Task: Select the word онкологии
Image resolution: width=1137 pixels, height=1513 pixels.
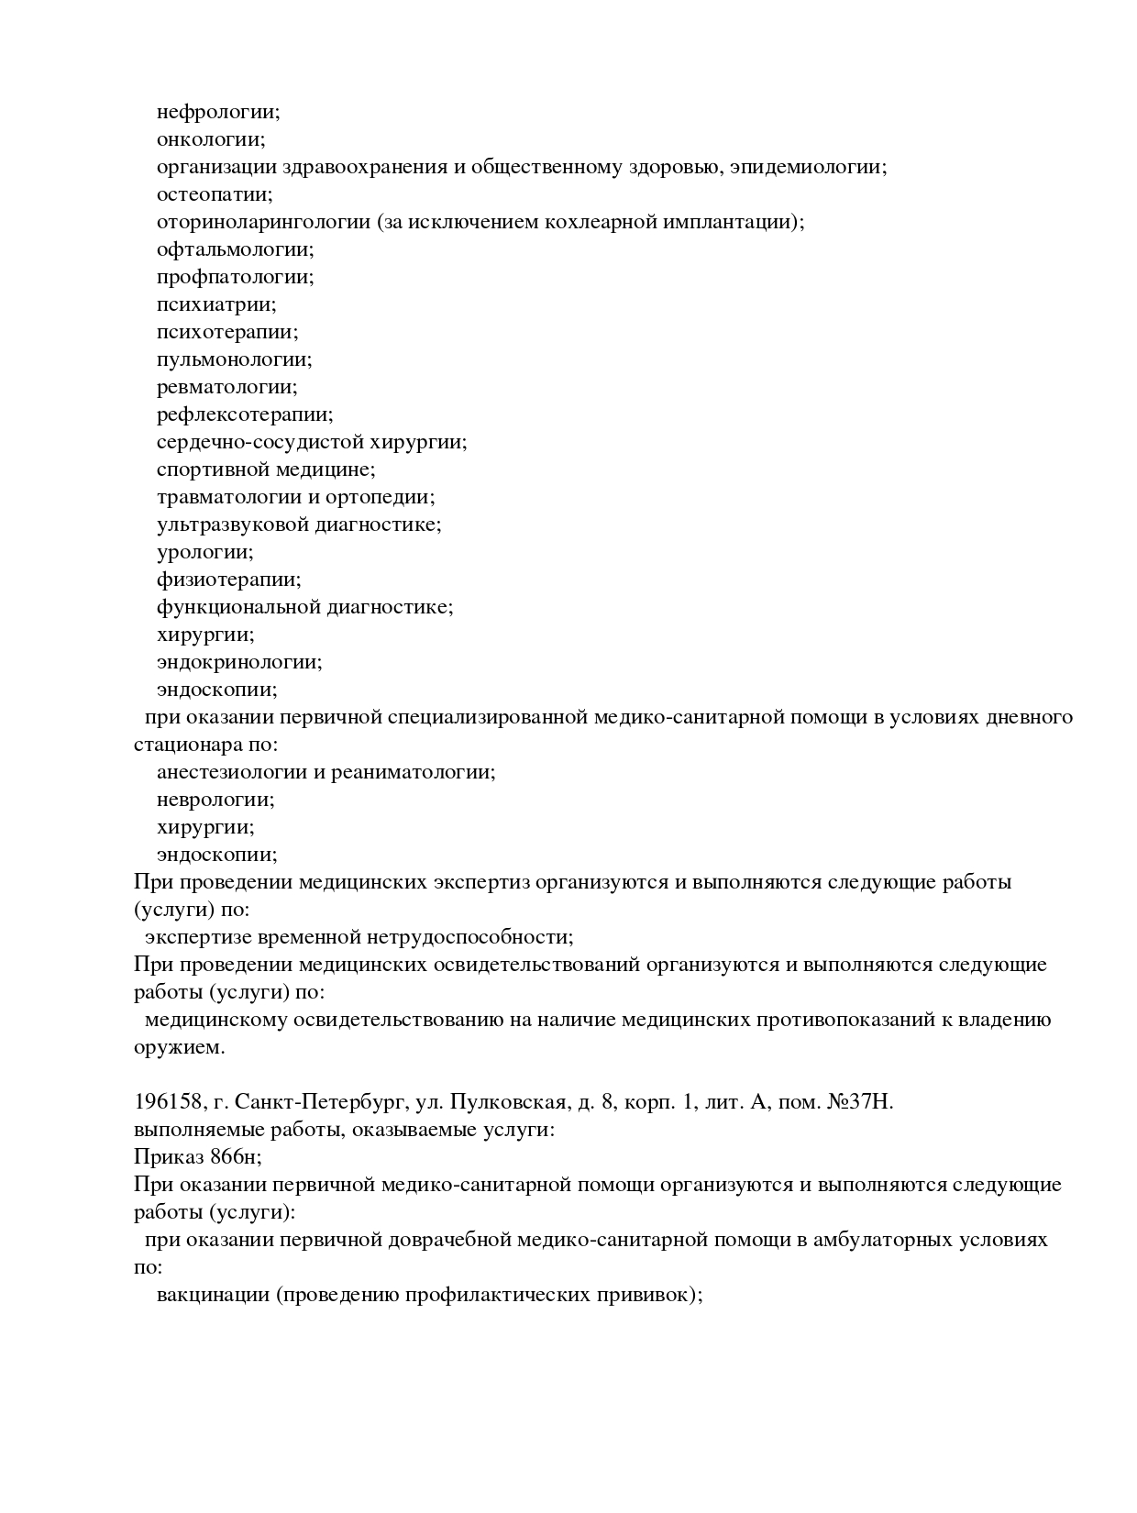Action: coord(210,139)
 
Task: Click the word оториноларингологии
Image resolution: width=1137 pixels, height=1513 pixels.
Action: coord(263,222)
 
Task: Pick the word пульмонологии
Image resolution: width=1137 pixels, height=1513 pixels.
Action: coord(234,359)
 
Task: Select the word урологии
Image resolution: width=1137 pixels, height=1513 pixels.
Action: coord(204,552)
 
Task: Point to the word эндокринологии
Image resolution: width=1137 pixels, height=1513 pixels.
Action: coord(239,662)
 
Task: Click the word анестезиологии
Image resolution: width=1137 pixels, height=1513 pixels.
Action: coord(232,772)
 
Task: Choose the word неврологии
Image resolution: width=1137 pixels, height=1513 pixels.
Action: coord(215,800)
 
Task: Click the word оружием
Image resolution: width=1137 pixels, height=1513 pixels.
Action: coord(179,1047)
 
